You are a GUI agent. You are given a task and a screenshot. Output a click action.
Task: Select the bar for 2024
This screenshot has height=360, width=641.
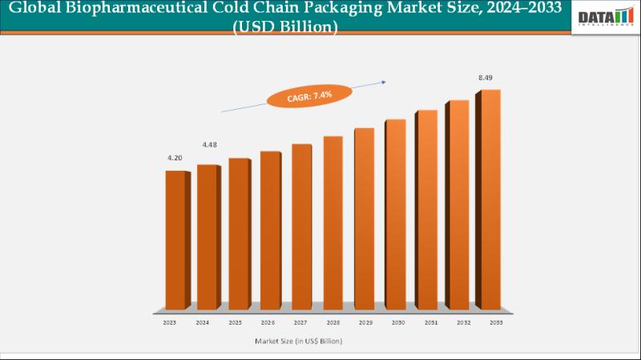point(207,237)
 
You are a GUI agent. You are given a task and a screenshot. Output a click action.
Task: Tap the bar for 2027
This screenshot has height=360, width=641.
point(301,226)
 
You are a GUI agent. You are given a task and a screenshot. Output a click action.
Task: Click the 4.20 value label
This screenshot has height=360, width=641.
point(175,158)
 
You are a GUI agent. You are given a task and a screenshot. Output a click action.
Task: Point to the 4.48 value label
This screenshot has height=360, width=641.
point(209,144)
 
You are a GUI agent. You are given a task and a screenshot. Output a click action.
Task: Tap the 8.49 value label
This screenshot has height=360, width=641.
point(486,77)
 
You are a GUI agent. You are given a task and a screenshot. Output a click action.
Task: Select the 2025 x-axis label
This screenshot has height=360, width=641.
point(235,322)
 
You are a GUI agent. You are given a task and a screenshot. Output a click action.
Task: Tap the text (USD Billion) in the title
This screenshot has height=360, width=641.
point(286,26)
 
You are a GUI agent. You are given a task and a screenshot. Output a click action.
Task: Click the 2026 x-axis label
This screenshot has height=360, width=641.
point(266,322)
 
